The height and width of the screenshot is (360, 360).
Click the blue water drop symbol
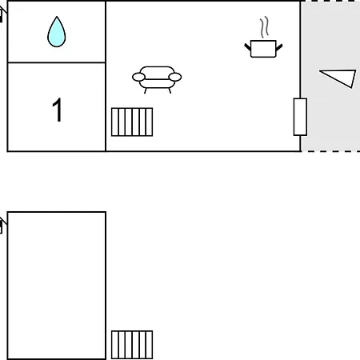pyautogui.click(x=57, y=32)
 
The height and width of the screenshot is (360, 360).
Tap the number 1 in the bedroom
pyautogui.click(x=57, y=110)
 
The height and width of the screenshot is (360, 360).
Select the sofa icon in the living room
pyautogui.click(x=157, y=79)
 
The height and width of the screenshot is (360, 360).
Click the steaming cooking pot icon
pyautogui.click(x=263, y=38)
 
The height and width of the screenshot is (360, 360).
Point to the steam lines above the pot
pyautogui.click(x=264, y=27)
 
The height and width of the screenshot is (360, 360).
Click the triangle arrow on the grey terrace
pyautogui.click(x=338, y=78)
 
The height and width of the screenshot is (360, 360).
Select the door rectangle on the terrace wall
pyautogui.click(x=300, y=117)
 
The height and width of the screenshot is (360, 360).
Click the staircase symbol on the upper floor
pyautogui.click(x=132, y=122)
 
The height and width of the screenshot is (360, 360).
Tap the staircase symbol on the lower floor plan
pyautogui.click(x=132, y=345)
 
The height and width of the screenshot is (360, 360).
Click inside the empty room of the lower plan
pyautogui.click(x=57, y=286)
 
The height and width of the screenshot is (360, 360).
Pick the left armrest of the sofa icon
pyautogui.click(x=138, y=77)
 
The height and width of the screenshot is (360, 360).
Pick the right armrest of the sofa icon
pyautogui.click(x=175, y=77)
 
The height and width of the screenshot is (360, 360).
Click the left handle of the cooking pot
pyautogui.click(x=248, y=47)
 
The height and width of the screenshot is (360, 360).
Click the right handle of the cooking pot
pyautogui.click(x=279, y=47)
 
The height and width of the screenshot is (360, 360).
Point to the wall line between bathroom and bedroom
pyautogui.click(x=57, y=62)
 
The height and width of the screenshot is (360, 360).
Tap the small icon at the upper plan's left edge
pyautogui.click(x=2, y=14)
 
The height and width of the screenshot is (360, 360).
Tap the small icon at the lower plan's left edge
pyautogui.click(x=2, y=226)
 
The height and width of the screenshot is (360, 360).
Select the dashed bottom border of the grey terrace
pyautogui.click(x=330, y=151)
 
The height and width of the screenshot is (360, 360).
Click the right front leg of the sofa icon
pyautogui.click(x=170, y=90)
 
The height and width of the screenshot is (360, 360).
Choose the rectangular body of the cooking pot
pyautogui.click(x=263, y=49)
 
